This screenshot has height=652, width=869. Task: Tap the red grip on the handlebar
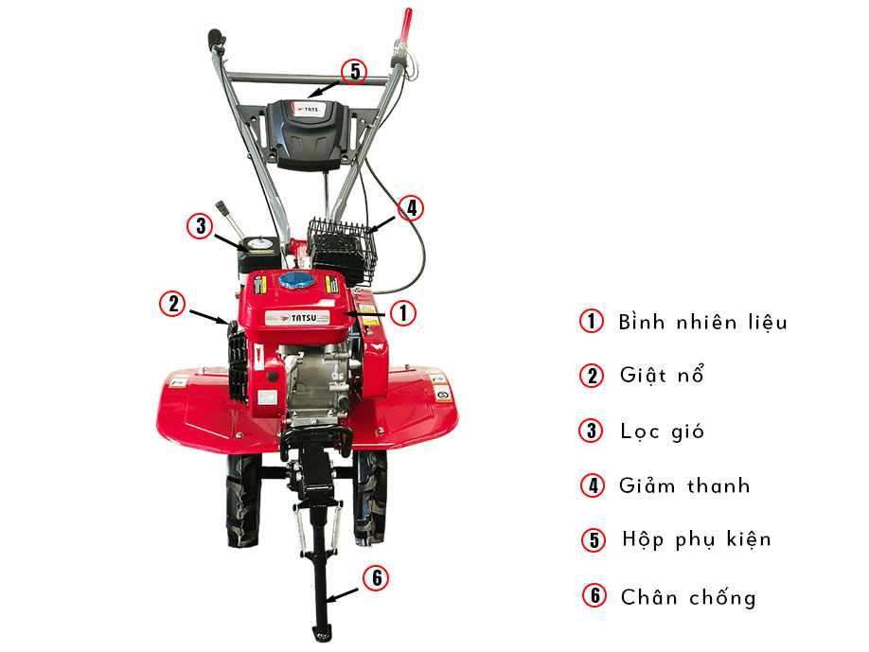coord(408,24)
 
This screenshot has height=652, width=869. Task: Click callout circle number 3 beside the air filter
coord(199,226)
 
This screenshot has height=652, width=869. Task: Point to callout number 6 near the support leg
coord(375,578)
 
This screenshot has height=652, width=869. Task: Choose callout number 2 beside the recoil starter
coord(171,303)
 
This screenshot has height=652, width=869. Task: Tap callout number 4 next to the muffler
coord(409,207)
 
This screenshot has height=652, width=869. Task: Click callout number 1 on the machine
coord(402,312)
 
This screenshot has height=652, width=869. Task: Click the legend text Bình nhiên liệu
coord(702,322)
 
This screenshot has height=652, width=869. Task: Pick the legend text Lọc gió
coord(662,432)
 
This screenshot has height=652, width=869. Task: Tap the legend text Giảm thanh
coord(683,486)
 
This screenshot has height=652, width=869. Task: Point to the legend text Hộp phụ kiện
coord(696,539)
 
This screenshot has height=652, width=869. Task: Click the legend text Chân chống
coord(688,597)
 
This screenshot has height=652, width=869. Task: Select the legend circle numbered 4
coord(593,486)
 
